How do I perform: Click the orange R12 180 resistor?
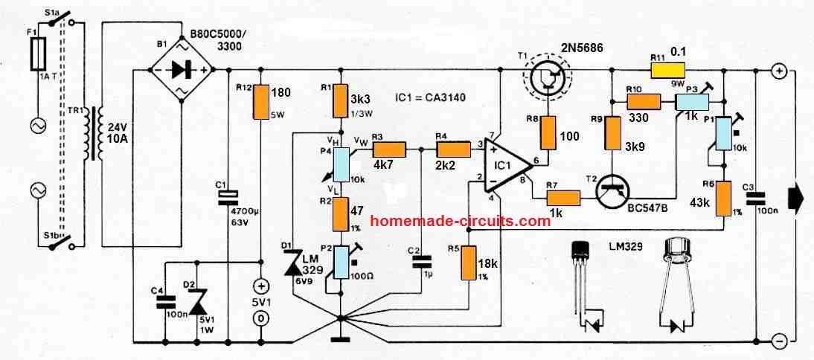pos(260,100)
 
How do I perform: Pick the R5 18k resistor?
pos(468,263)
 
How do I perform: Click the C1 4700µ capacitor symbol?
pos(229,195)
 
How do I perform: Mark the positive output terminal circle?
pos(778,71)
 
